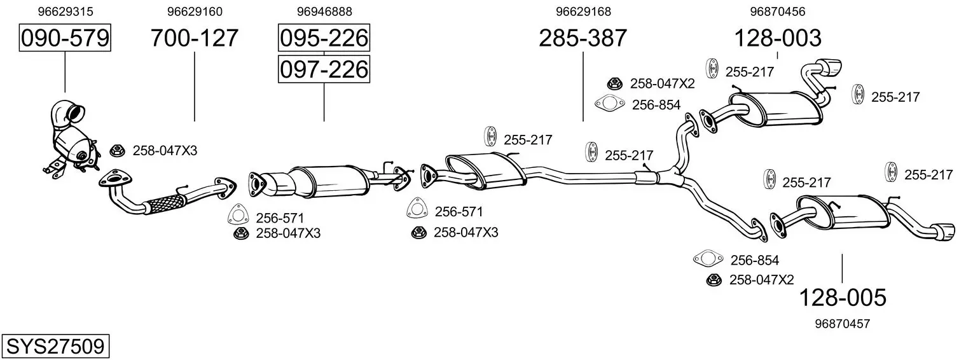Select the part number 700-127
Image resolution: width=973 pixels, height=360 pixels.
tap(194, 38)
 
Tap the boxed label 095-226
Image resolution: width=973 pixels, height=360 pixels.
tap(324, 38)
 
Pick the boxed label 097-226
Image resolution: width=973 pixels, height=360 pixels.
tap(324, 69)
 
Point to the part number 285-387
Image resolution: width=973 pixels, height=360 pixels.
tap(583, 38)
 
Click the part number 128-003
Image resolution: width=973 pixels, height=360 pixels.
tap(777, 38)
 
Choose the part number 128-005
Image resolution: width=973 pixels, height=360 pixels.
tap(842, 297)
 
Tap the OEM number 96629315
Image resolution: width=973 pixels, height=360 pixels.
tap(65, 11)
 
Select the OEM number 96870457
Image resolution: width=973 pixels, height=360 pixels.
tap(842, 324)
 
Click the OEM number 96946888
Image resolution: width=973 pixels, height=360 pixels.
tap(324, 11)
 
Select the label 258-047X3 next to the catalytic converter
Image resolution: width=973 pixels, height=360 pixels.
tap(164, 151)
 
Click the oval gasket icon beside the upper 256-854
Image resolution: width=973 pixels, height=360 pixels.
tap(609, 104)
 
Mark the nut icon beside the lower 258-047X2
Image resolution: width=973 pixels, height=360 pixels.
tap(714, 279)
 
